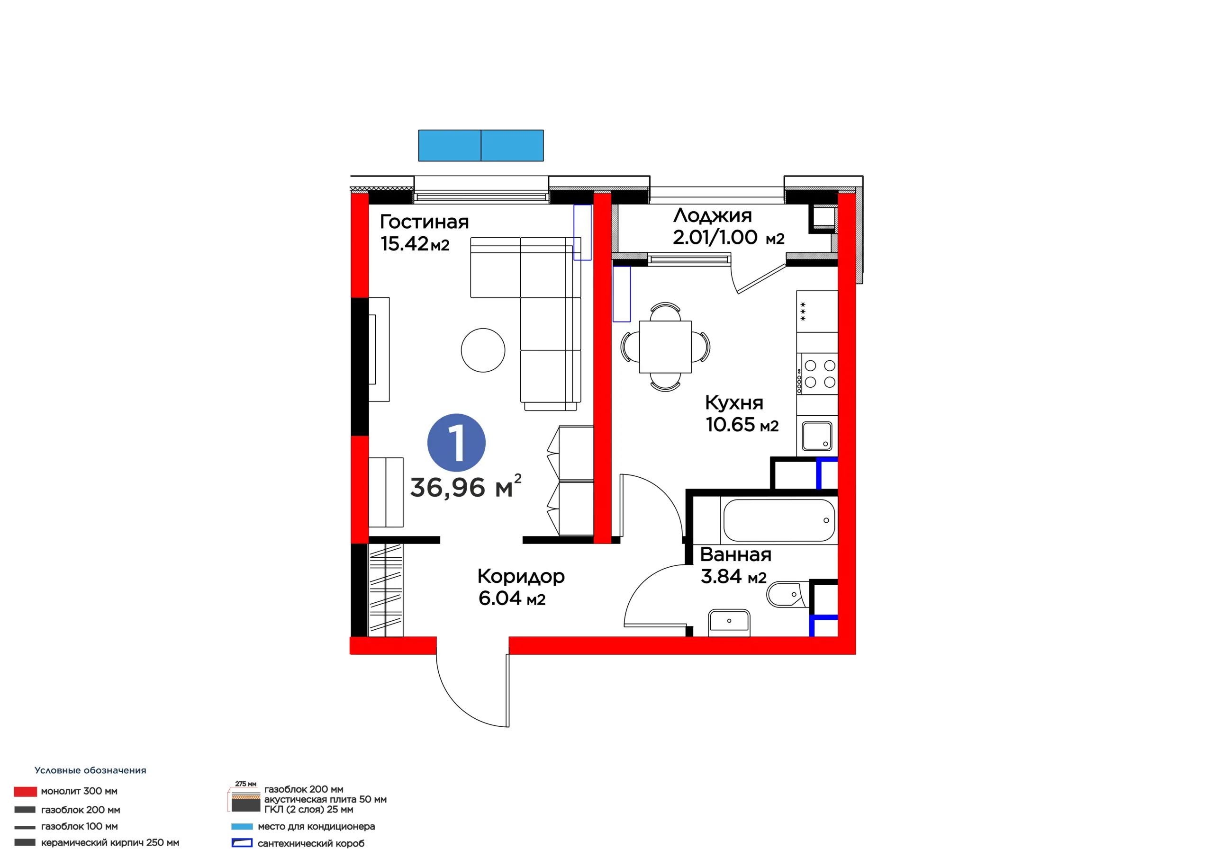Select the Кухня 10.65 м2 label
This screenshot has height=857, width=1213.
point(742,413)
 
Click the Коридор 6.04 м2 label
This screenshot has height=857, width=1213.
point(521,587)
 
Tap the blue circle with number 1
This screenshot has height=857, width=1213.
point(456,443)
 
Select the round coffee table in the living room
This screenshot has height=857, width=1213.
point(483,350)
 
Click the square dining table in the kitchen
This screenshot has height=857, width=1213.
point(665,347)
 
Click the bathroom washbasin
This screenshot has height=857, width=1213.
point(729,622)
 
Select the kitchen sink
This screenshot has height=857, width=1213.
point(817,436)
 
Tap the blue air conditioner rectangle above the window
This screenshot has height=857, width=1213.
point(481,145)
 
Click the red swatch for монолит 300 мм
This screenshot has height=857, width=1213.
point(26,792)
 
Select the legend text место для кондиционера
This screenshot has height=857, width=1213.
point(316,826)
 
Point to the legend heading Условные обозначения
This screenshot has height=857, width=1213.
point(91,770)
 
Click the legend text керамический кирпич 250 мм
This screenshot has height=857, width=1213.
point(110,843)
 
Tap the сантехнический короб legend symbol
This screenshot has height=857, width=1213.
point(242,843)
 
